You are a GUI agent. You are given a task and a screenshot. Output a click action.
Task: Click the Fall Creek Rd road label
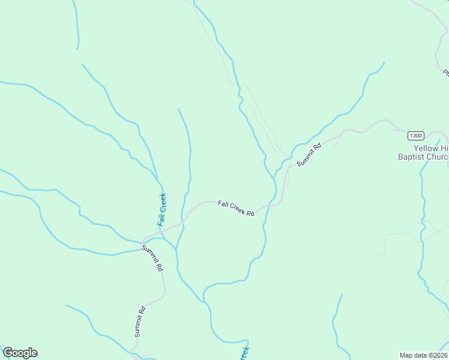click(236, 208)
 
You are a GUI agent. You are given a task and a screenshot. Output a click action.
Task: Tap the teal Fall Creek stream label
click(161, 209)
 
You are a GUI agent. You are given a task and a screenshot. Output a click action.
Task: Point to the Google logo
click(20, 353)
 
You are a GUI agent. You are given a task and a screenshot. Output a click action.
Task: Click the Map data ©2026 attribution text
click(423, 355)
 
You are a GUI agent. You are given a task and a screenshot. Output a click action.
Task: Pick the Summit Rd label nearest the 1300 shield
click(309, 154)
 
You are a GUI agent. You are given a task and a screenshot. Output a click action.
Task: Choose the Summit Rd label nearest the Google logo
click(140, 322)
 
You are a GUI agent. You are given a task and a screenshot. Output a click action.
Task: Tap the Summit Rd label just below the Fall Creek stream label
click(152, 258)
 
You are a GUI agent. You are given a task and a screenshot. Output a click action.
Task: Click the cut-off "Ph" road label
click(446, 74)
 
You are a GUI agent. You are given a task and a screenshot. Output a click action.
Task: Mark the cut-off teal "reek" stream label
click(244, 353)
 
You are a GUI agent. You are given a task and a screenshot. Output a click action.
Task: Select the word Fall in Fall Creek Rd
click(223, 204)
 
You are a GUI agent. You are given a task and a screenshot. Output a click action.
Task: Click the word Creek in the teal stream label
click(162, 203)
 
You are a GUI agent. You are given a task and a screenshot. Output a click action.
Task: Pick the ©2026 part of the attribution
click(436, 355)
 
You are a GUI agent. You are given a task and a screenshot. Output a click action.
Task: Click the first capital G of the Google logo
click(8, 353)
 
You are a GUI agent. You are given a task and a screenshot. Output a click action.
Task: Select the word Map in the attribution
click(406, 355)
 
